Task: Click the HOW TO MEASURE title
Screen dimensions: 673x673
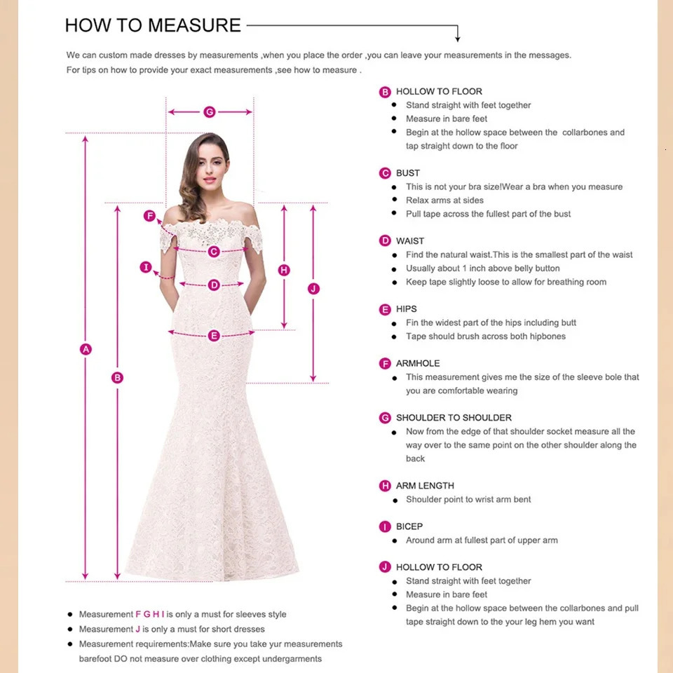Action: click(x=152, y=26)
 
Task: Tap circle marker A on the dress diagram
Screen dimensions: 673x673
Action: click(x=86, y=349)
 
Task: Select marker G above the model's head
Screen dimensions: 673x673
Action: click(x=209, y=112)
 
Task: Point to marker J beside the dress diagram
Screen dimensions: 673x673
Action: click(x=313, y=289)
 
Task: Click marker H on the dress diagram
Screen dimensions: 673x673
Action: click(x=284, y=270)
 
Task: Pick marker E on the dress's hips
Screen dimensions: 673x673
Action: click(x=214, y=336)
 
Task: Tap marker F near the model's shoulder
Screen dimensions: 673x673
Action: click(x=149, y=216)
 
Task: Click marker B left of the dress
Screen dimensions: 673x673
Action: click(x=117, y=378)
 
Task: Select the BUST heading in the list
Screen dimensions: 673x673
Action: click(x=407, y=173)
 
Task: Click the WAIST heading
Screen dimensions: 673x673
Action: click(x=409, y=241)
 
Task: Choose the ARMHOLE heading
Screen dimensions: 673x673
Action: click(x=418, y=363)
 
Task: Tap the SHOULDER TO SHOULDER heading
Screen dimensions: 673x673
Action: click(x=453, y=418)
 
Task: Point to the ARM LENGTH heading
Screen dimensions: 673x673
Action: click(x=425, y=486)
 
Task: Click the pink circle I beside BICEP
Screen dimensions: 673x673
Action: click(x=385, y=526)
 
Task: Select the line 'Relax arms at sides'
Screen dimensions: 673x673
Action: click(x=444, y=200)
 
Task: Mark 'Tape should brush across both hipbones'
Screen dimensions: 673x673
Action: click(x=485, y=336)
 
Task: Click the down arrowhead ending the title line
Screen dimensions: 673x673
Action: click(x=457, y=38)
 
